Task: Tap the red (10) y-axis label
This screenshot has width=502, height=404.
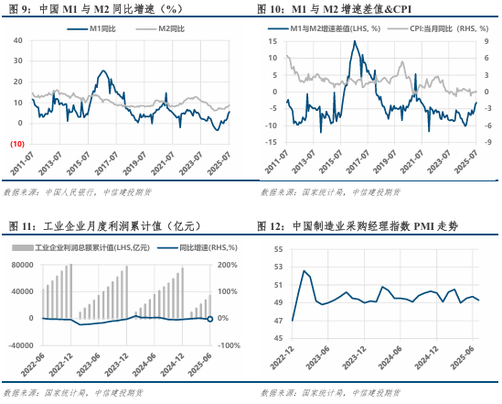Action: [x=16, y=143]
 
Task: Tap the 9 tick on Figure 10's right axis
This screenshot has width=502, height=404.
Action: [x=487, y=41]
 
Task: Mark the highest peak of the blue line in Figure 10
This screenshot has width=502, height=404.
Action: [x=355, y=42]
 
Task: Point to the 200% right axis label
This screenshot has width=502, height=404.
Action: [x=229, y=266]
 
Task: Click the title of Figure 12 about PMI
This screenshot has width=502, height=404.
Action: [x=366, y=225]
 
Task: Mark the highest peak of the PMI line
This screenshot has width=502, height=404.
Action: [x=304, y=270]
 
